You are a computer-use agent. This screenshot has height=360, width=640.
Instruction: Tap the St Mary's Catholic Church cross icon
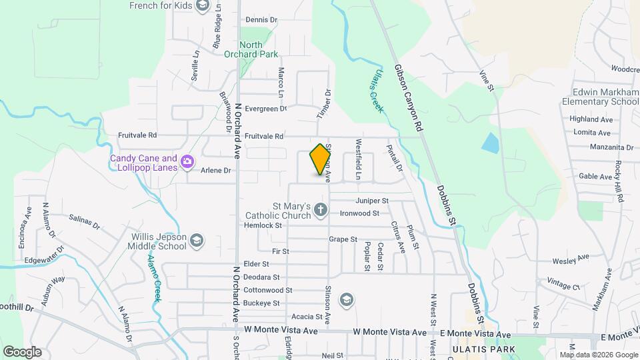click(320, 211)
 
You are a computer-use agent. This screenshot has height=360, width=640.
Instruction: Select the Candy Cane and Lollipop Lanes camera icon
click(187, 161)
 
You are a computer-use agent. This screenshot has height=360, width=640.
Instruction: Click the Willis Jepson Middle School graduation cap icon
click(197, 240)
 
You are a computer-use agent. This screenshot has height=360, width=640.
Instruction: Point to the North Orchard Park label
click(251, 50)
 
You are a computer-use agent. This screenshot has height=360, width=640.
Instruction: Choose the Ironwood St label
click(359, 213)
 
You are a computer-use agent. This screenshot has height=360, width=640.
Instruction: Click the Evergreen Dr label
click(265, 108)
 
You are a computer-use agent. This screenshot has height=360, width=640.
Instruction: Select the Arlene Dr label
click(217, 171)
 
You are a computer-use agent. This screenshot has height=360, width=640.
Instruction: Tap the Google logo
click(22, 352)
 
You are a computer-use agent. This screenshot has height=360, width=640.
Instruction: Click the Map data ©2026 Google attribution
click(599, 355)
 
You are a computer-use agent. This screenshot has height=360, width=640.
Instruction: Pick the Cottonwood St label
click(267, 290)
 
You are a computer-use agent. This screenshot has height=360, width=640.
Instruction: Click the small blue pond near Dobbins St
click(491, 143)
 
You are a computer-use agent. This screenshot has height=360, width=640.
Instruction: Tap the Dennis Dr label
click(261, 19)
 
